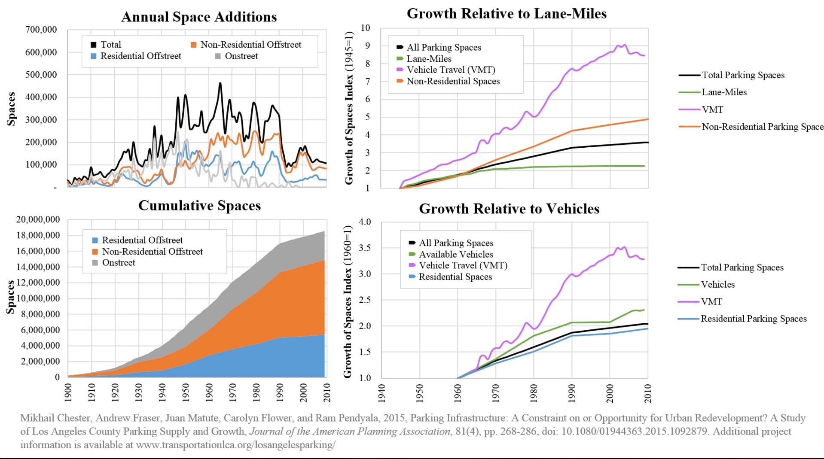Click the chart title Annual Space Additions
199,17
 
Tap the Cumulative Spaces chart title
199,206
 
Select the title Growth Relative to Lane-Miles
507,14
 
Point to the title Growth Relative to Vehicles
509,209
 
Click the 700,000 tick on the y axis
41,30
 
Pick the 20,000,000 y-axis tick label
38,219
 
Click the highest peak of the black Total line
220,83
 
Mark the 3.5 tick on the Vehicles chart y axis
365,248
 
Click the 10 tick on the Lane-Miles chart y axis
365,28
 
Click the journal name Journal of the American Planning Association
350,432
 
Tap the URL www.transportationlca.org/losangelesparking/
235,445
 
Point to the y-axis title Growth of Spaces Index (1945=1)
349,108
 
